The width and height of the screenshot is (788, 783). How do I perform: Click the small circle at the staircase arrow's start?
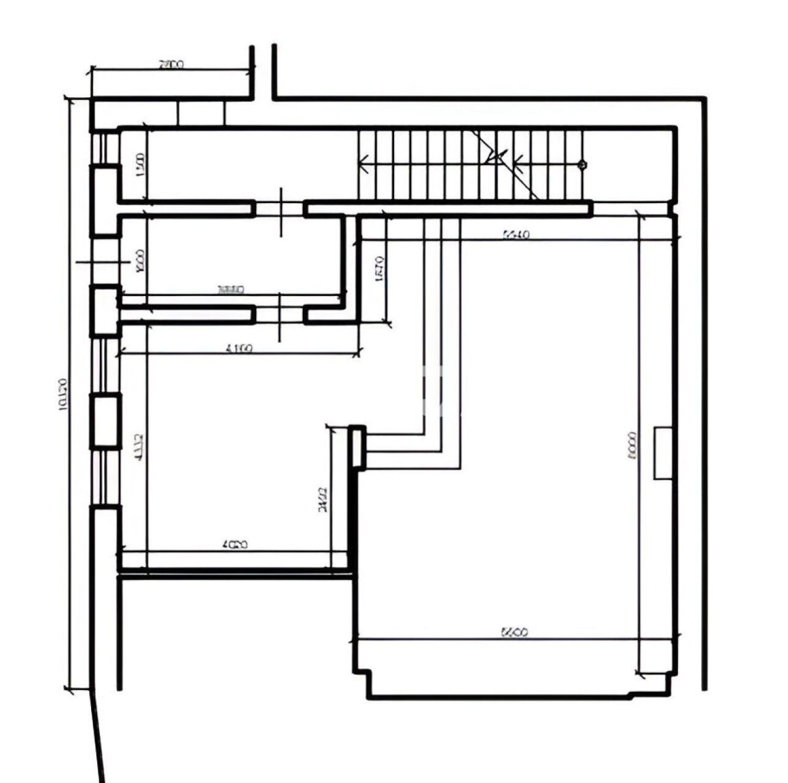pos(582,164)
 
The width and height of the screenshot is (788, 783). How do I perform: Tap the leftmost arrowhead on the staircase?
pos(363,164)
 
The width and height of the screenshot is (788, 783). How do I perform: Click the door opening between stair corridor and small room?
pos(280,209)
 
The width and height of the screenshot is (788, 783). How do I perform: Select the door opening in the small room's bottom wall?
pos(280,315)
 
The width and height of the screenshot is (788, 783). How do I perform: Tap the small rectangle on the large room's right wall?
pos(662,452)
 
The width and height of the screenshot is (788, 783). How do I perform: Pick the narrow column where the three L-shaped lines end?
pos(358,448)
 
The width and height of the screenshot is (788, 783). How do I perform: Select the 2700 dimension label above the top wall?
pos(171,63)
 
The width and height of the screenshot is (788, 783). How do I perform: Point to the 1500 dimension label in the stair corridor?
pos(140,165)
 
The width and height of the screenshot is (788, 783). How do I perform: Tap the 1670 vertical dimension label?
pos(380,270)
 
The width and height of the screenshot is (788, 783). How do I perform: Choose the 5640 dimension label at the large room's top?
pos(516,234)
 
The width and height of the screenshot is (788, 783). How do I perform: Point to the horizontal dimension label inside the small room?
pos(231,289)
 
